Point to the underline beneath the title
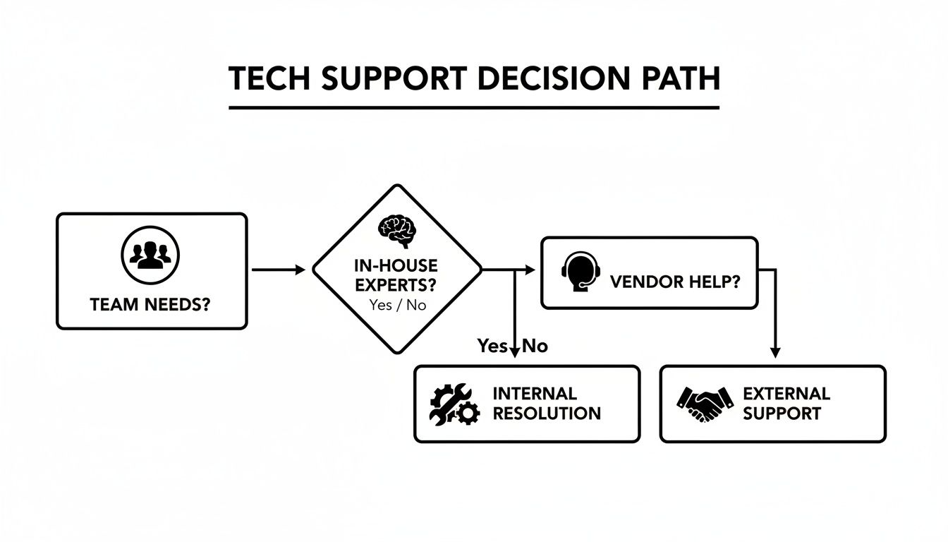click(x=474, y=108)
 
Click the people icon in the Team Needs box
click(x=150, y=254)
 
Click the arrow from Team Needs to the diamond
click(x=279, y=270)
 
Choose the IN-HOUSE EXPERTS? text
click(x=396, y=276)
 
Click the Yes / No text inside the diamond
click(x=397, y=306)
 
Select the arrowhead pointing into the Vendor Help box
click(x=531, y=270)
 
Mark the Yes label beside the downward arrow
click(x=492, y=346)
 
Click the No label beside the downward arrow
click(x=535, y=346)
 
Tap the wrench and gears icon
click(x=454, y=404)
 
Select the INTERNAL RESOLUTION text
click(x=546, y=403)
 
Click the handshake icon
click(x=700, y=404)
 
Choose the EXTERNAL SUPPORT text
click(x=786, y=403)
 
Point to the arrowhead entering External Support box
click(x=775, y=352)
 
